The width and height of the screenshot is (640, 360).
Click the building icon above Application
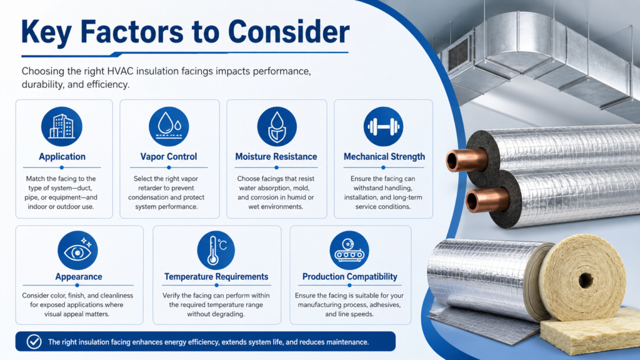pyautogui.click(x=62, y=126)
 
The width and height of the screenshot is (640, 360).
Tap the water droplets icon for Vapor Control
pyautogui.click(x=169, y=126)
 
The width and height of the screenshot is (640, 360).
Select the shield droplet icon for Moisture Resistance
pyautogui.click(x=277, y=126)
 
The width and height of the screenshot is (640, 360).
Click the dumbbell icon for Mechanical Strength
pyautogui.click(x=383, y=126)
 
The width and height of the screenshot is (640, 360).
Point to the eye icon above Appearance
pyautogui.click(x=77, y=250)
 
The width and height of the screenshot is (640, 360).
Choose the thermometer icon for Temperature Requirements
pyautogui.click(x=216, y=250)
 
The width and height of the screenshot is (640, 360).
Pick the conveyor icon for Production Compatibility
pyautogui.click(x=349, y=250)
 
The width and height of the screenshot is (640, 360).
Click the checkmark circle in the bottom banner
pyautogui.click(x=34, y=342)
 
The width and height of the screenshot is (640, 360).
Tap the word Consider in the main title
pyautogui.click(x=289, y=32)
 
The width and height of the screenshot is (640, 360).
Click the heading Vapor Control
pyautogui.click(x=169, y=157)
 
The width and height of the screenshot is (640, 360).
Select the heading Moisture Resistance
pyautogui.click(x=276, y=157)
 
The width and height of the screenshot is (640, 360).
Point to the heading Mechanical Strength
pyautogui.click(x=384, y=157)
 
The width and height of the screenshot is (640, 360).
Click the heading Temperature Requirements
pyautogui.click(x=216, y=277)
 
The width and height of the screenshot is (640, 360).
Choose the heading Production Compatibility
pyautogui.click(x=350, y=277)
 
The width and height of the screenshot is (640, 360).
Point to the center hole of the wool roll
pyautogui.click(x=586, y=281)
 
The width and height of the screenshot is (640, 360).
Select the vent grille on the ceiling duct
pyautogui.click(x=458, y=54)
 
